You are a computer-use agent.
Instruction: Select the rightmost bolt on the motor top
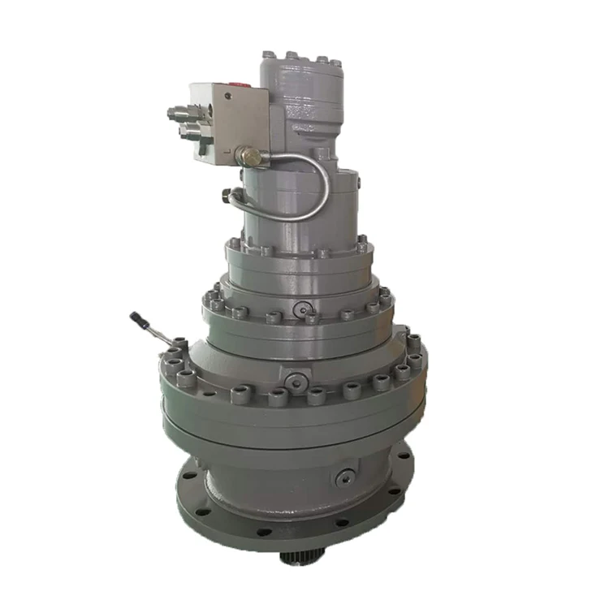pos(335,62)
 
